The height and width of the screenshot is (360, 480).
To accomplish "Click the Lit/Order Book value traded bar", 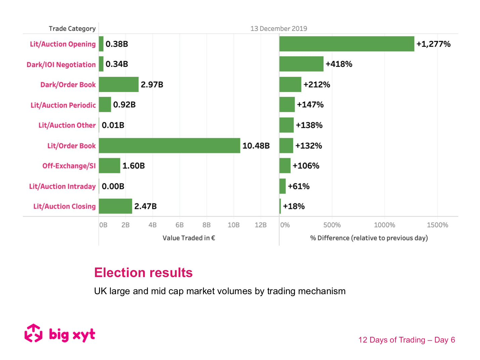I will pyautogui.click(x=170, y=145).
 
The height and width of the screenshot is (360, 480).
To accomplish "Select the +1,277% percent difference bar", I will pyautogui.click(x=347, y=44).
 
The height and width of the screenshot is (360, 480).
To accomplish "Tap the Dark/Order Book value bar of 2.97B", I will pyautogui.click(x=118, y=84).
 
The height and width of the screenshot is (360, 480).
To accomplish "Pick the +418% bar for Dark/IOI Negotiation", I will pyautogui.click(x=301, y=64).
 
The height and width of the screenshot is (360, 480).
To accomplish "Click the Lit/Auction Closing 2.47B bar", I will pyautogui.click(x=115, y=206).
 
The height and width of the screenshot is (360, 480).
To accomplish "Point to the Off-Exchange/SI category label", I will pyautogui.click(x=69, y=166).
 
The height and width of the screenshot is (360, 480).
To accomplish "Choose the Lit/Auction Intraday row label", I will pyautogui.click(x=62, y=186).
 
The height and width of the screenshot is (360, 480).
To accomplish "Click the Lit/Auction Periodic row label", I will pyautogui.click(x=63, y=105).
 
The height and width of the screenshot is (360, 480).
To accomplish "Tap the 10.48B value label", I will pyautogui.click(x=256, y=146).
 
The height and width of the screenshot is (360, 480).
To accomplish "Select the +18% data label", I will pyautogui.click(x=294, y=206).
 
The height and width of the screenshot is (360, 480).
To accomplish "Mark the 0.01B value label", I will pyautogui.click(x=113, y=125).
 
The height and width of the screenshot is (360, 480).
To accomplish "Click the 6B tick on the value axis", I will pyautogui.click(x=180, y=225).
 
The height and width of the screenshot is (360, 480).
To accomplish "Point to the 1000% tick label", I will pyautogui.click(x=384, y=225).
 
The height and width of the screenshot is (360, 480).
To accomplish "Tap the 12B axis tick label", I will pyautogui.click(x=260, y=225).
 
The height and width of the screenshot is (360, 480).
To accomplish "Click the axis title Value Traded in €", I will pyautogui.click(x=189, y=238).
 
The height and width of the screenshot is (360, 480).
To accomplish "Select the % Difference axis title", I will pyautogui.click(x=369, y=238).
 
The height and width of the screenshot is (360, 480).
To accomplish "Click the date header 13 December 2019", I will pyautogui.click(x=279, y=29).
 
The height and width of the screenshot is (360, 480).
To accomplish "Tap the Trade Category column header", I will pyautogui.click(x=72, y=29).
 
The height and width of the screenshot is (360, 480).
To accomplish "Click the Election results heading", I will pyautogui.click(x=143, y=273).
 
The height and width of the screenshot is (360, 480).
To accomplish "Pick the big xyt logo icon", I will pyautogui.click(x=34, y=333).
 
